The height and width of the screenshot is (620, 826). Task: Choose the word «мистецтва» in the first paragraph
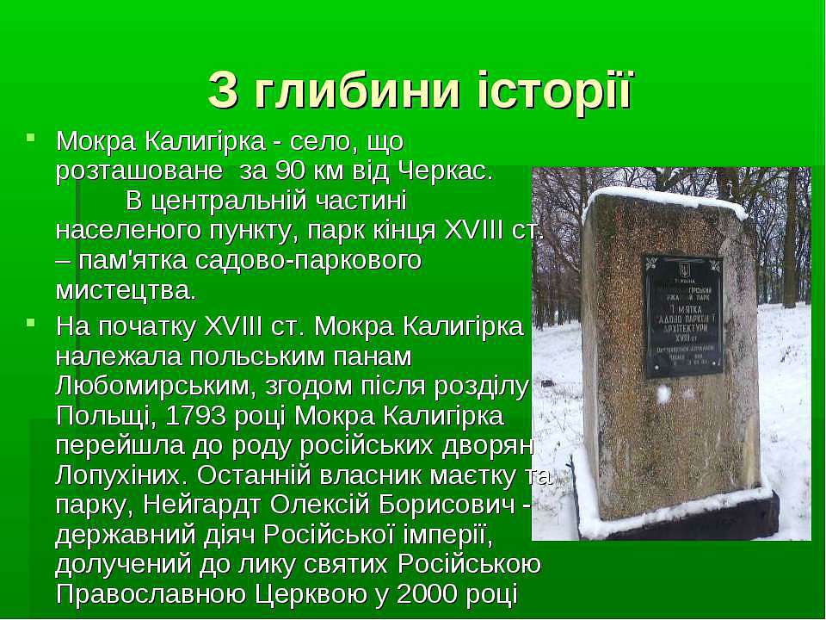click(x=125, y=289)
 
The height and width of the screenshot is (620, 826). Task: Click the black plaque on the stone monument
click(x=683, y=316)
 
